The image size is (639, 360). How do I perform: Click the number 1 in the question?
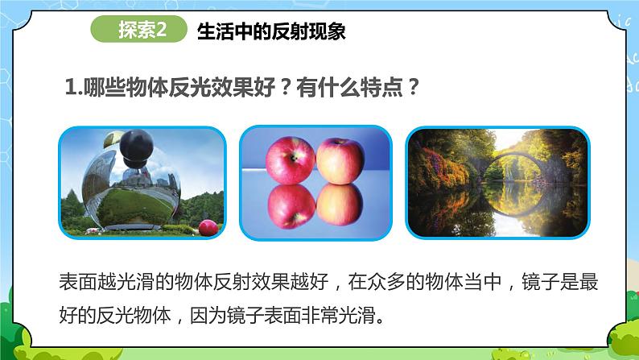tap(68, 88)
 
